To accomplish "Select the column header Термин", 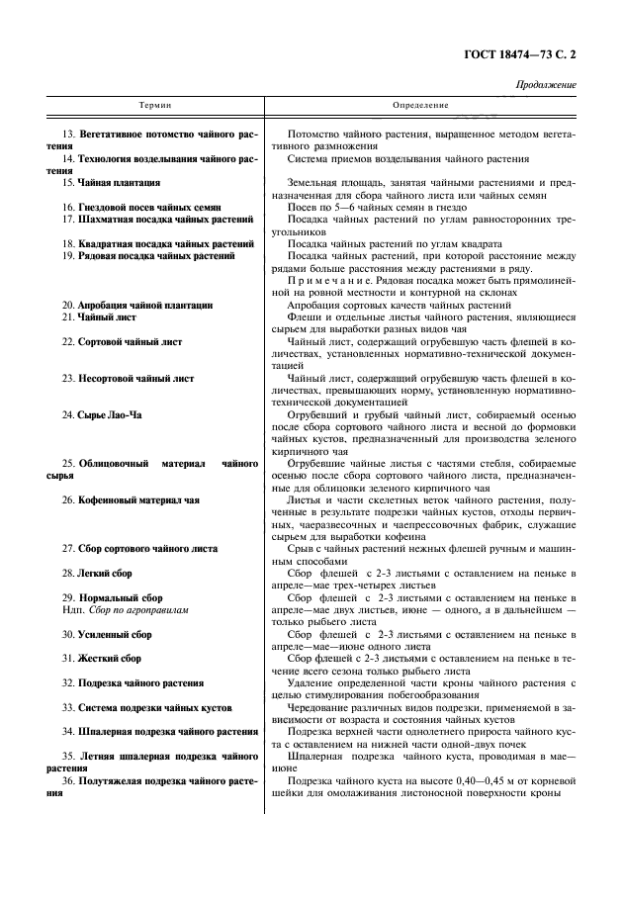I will point(154,105).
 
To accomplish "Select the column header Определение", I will point(420,105).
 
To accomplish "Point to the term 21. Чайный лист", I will point(100,316).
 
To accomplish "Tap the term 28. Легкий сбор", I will point(97,573).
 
